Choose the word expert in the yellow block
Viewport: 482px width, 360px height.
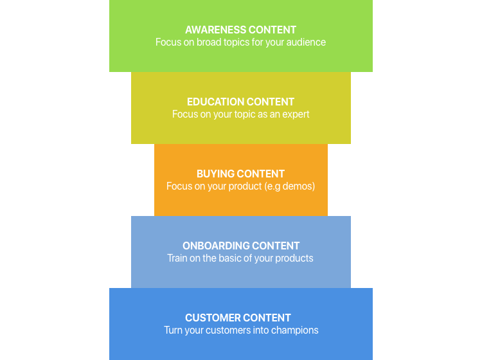coord(295,114)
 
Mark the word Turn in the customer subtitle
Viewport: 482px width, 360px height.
coord(174,330)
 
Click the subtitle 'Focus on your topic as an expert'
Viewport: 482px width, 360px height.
coord(241,114)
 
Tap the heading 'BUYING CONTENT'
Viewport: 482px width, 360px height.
coord(241,174)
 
